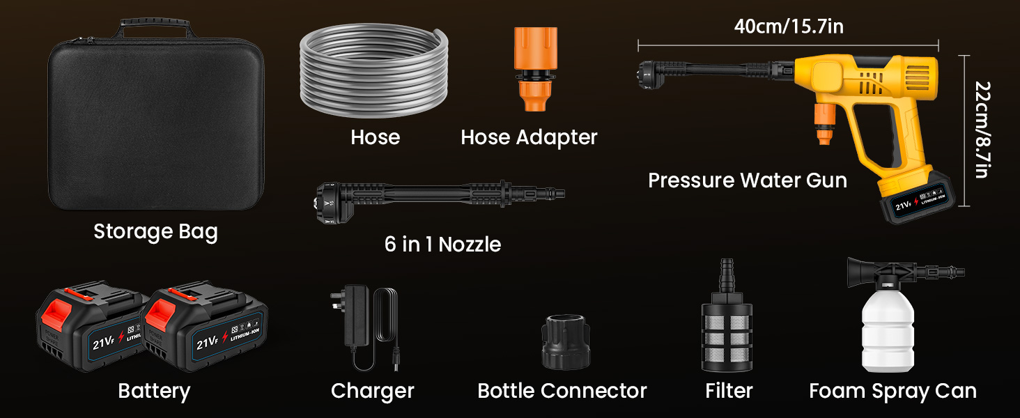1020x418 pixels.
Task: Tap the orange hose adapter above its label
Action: pos(536,68)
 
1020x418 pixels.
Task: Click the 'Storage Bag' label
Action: pos(156,232)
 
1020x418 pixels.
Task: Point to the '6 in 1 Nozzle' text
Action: pos(442,245)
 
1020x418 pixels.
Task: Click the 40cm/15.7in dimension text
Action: pos(789,26)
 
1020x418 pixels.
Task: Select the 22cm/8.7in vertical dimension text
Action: pos(982,130)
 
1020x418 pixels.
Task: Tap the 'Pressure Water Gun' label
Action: pos(748,180)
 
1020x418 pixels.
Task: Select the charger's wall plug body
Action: pos(356,315)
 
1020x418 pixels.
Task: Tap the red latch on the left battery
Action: pos(56,315)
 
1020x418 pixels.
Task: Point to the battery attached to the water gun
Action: pos(916,198)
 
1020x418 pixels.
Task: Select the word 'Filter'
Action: pos(729,391)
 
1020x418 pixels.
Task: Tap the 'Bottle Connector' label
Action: pos(562,391)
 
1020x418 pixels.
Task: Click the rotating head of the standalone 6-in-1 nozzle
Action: pos(335,203)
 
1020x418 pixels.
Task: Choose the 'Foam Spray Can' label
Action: pos(892,391)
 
